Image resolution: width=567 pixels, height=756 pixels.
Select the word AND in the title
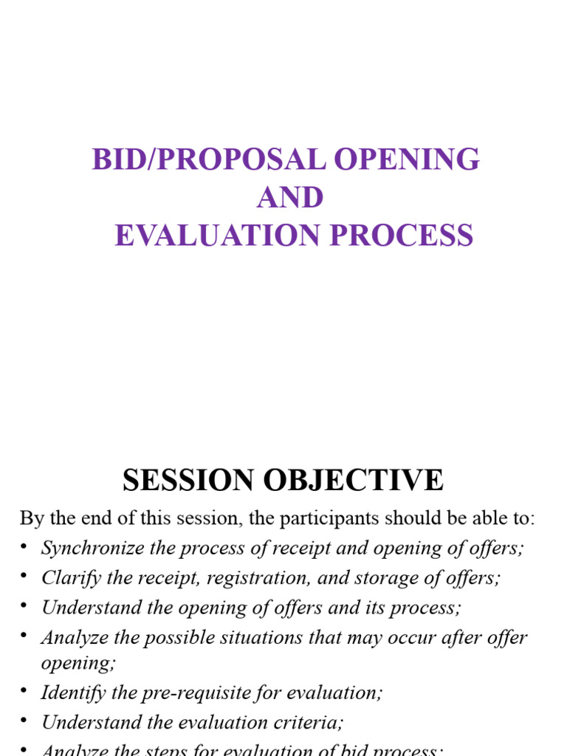click(290, 198)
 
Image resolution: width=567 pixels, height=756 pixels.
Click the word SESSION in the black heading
click(188, 481)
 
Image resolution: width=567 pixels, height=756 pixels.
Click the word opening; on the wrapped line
click(78, 662)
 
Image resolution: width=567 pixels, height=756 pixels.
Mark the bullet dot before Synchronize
click(24, 547)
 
